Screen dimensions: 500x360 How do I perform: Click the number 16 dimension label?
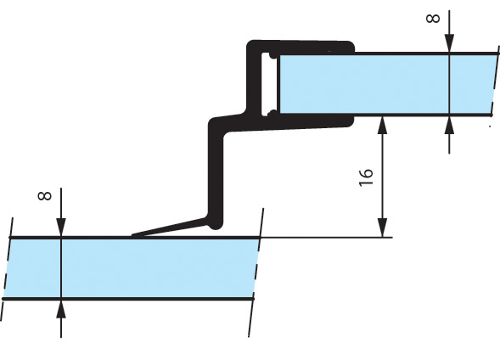(x=366, y=177)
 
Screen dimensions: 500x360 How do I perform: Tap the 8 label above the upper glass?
(x=433, y=19)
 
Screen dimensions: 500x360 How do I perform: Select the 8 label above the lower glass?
(x=44, y=195)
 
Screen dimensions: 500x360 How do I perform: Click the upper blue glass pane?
(x=387, y=83)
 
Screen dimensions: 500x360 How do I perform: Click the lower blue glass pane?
(x=131, y=268)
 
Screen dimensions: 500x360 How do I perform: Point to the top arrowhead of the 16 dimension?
(x=382, y=125)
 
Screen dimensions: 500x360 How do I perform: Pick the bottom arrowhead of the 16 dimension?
(x=382, y=228)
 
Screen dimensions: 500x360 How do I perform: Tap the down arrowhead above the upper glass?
(x=449, y=42)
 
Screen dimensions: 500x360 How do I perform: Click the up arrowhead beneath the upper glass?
(x=449, y=126)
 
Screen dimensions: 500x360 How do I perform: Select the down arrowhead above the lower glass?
(x=61, y=228)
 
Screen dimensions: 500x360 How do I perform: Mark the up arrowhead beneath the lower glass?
(x=61, y=309)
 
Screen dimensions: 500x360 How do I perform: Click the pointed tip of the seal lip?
(x=132, y=236)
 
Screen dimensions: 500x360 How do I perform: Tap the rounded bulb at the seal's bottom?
(x=216, y=223)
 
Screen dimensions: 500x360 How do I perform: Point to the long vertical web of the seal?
(x=216, y=172)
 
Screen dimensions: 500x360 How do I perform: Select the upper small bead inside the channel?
(x=273, y=55)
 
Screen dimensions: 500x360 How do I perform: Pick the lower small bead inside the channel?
(x=272, y=113)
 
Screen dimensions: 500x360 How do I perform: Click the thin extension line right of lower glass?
(x=326, y=237)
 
